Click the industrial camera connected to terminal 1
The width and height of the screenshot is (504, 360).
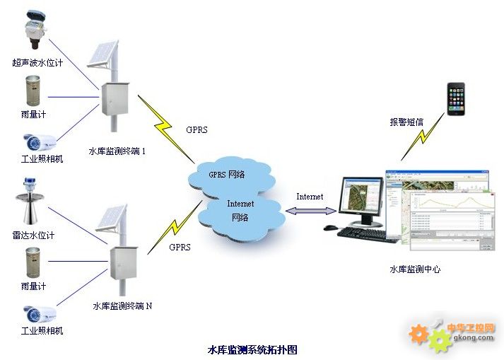[37, 141]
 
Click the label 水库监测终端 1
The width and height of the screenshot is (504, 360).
[117, 151]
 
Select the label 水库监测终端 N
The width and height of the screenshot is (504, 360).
[122, 306]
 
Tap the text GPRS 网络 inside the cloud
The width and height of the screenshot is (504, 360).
[226, 174]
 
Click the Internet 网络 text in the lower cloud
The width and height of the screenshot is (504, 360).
[240, 210]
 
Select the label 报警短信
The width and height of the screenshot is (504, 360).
[406, 122]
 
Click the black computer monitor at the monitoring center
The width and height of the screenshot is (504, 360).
[360, 202]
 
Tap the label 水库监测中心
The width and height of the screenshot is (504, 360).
[415, 269]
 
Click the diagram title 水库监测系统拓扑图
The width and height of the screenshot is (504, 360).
[252, 349]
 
